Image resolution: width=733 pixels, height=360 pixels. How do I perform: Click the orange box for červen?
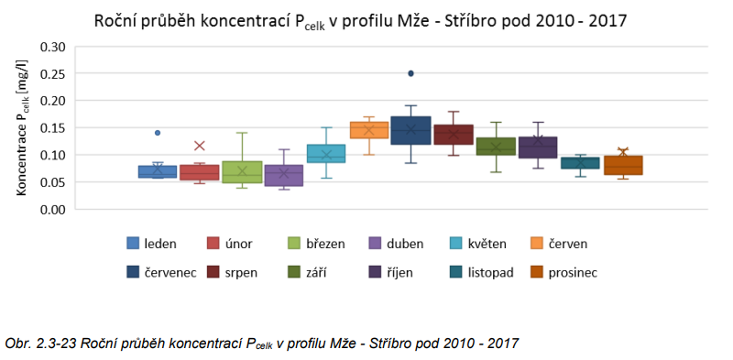tap(369, 130)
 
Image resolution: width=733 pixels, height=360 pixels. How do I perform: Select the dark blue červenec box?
tap(410, 130)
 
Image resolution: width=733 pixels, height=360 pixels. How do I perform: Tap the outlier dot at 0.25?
tap(411, 73)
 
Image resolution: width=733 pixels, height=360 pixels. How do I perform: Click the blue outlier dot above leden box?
tap(158, 133)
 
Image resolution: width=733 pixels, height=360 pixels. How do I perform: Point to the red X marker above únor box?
tap(200, 146)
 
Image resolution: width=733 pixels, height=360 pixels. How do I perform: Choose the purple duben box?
tap(284, 175)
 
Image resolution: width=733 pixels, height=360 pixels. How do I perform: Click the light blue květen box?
tap(326, 153)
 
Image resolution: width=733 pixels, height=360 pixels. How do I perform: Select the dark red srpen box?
tap(453, 135)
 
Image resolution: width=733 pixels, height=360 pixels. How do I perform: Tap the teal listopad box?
tap(580, 163)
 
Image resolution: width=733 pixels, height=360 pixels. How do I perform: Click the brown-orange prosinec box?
tap(622, 165)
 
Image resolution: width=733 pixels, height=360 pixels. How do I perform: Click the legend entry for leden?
tap(152, 244)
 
